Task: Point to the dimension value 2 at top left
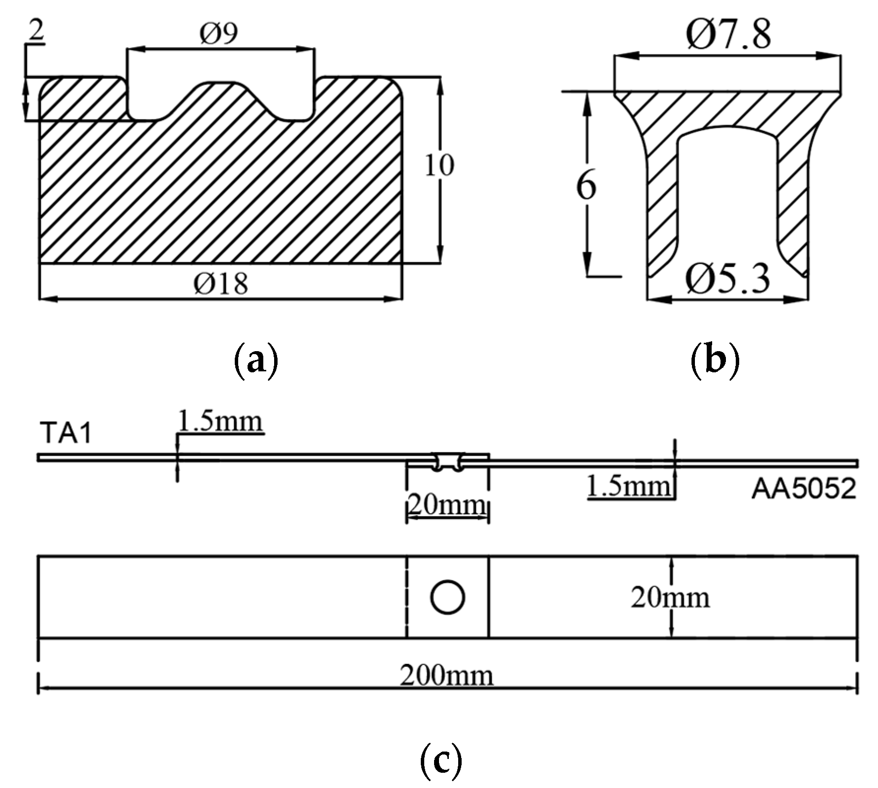click(x=35, y=33)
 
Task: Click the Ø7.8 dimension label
click(x=728, y=34)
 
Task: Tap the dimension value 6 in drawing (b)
click(x=586, y=186)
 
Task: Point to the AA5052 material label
click(x=804, y=490)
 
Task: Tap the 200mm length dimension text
click(x=446, y=676)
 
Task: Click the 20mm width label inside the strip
click(x=670, y=598)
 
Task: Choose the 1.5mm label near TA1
click(x=219, y=422)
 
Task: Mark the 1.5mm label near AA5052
click(x=629, y=487)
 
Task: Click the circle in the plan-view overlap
click(x=447, y=597)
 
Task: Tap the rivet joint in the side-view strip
click(x=447, y=462)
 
